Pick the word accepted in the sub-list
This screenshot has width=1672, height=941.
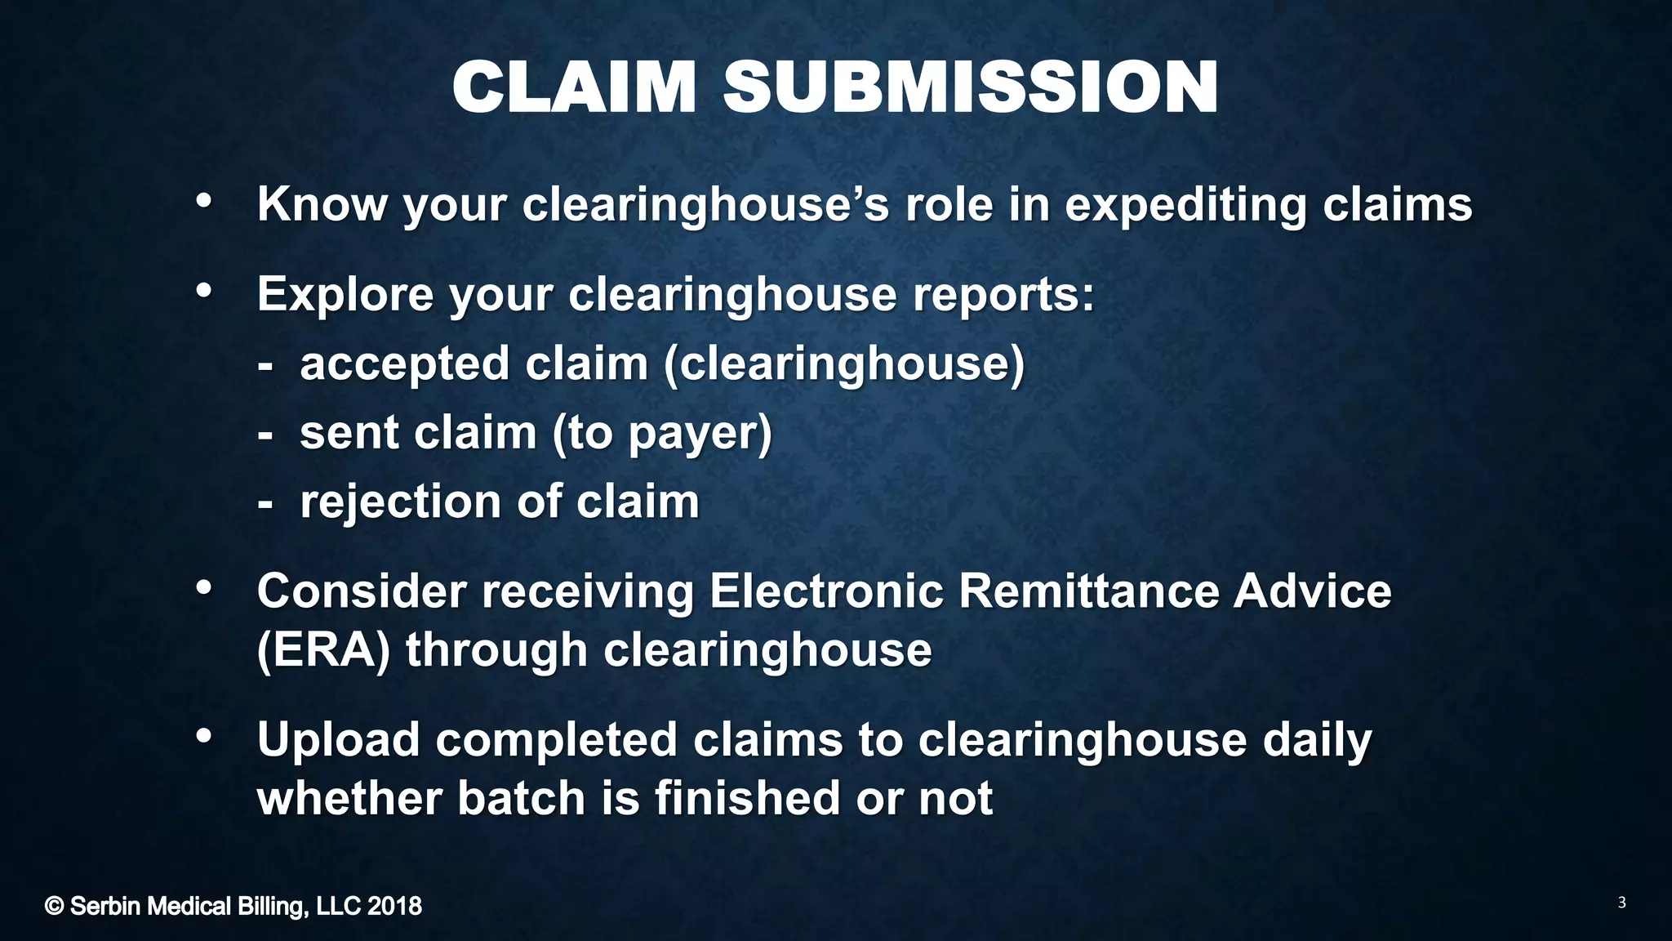(404, 363)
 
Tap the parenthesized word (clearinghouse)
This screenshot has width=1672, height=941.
(844, 363)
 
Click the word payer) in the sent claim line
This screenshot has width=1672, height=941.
(700, 433)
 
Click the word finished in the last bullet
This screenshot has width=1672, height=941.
(746, 798)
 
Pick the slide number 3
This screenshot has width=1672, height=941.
(1621, 903)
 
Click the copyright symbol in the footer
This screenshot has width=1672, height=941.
(54, 906)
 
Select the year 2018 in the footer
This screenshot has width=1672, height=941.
(394, 906)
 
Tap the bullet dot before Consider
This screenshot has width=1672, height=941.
(204, 586)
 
